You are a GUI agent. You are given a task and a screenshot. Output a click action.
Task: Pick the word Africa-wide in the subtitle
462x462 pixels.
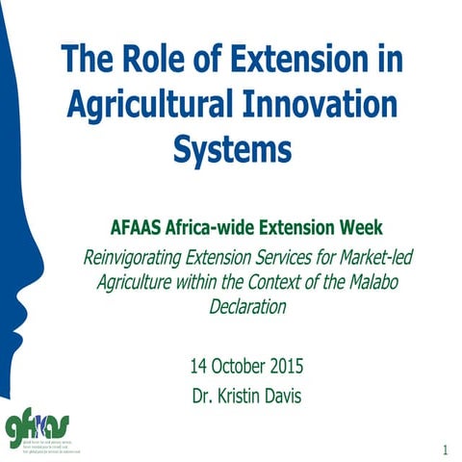(218, 229)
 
